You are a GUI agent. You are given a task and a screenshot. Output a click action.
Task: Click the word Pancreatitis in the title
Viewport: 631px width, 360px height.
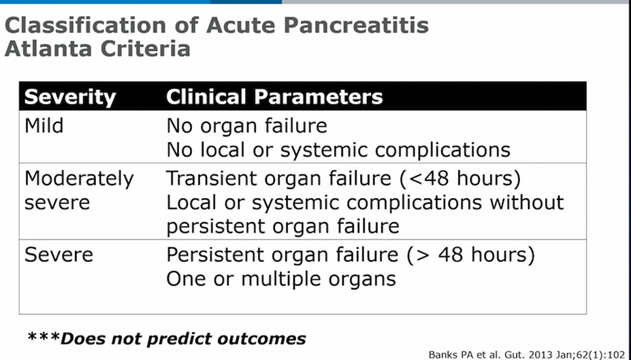(356, 25)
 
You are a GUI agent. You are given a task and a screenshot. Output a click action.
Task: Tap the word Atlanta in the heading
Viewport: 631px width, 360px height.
(49, 49)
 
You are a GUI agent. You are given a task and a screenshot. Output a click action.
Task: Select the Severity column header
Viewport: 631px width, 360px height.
(70, 97)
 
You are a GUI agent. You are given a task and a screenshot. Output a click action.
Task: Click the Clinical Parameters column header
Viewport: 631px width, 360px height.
(274, 97)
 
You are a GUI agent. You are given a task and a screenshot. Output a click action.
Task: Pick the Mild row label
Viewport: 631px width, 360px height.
(44, 125)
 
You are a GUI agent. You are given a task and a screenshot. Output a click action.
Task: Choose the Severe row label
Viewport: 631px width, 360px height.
(59, 255)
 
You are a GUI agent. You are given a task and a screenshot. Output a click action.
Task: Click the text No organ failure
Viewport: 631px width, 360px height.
(246, 127)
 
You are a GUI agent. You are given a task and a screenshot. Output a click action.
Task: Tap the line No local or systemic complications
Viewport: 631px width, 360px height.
(338, 150)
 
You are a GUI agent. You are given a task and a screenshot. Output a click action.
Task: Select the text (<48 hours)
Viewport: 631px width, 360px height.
(460, 178)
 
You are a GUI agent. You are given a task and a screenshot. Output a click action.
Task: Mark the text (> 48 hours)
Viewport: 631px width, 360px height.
(471, 255)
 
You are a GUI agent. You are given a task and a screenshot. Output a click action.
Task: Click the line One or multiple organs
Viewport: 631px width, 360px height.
(281, 279)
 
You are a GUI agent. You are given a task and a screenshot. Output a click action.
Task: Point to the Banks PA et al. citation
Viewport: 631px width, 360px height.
(527, 355)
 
